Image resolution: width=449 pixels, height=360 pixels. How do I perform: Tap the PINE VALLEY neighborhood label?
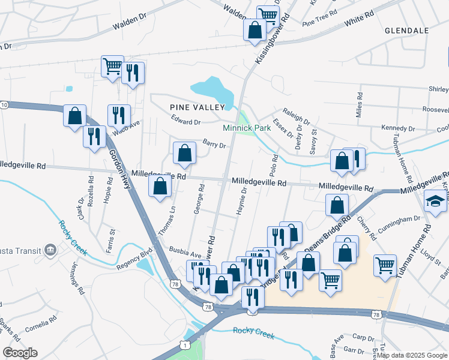click(197, 107)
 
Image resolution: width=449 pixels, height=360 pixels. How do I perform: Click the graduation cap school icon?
click(435, 200)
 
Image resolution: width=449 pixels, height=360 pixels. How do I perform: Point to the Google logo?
click(20, 353)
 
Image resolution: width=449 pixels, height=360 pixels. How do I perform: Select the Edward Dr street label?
click(185, 122)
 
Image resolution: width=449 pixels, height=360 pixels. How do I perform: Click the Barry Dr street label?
click(214, 145)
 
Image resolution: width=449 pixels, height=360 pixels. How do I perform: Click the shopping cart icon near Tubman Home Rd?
click(385, 264)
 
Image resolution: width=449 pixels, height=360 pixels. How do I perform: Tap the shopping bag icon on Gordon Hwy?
click(74, 115)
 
